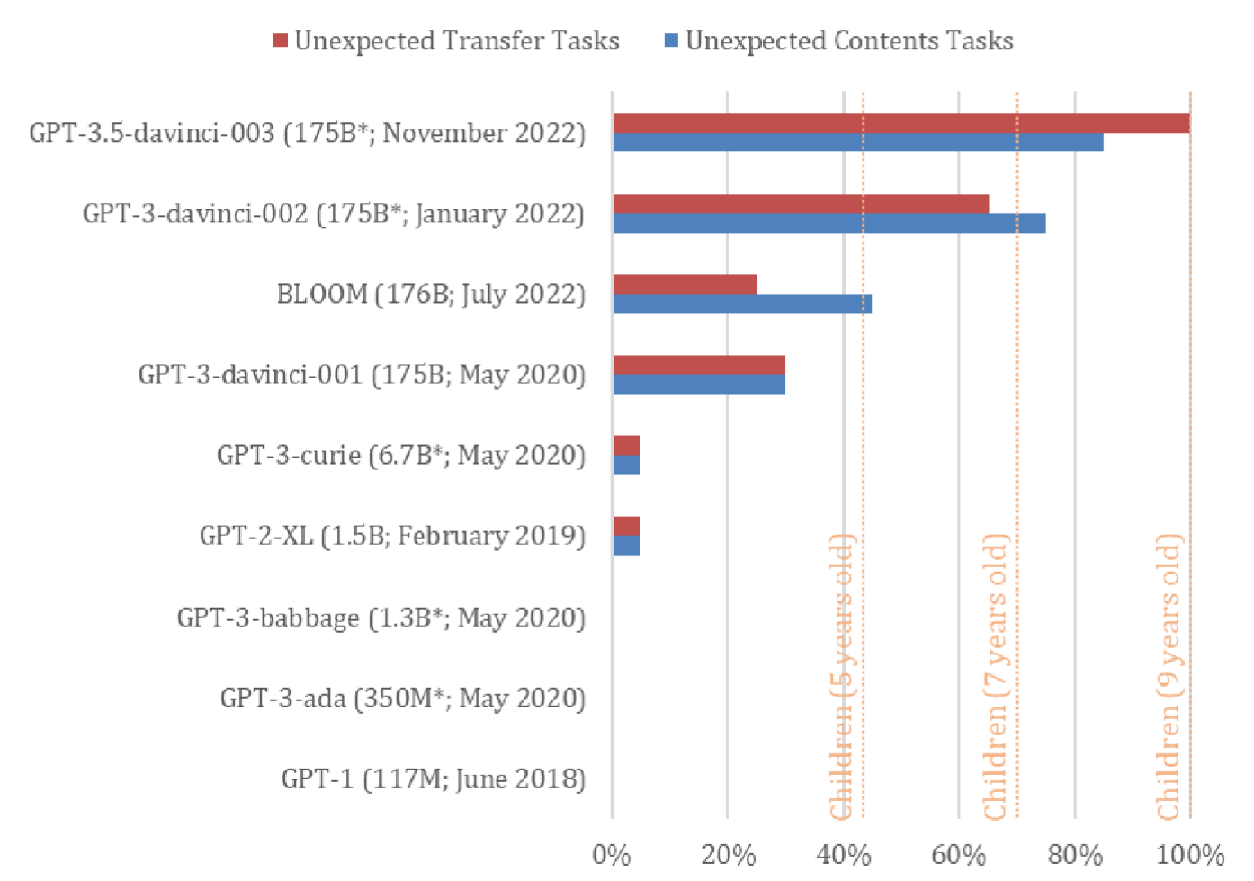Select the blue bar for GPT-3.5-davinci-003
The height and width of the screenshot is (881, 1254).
click(858, 142)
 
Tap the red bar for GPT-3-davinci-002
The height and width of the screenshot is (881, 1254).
click(801, 204)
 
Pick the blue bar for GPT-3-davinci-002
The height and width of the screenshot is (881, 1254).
click(829, 223)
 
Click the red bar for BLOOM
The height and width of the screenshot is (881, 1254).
click(685, 285)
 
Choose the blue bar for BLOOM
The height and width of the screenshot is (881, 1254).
click(742, 304)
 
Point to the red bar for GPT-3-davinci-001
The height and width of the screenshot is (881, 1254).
click(699, 365)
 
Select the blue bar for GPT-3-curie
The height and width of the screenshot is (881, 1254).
click(627, 465)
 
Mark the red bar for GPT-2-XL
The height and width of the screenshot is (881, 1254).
click(627, 526)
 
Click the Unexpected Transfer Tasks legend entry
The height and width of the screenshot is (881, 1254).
click(447, 40)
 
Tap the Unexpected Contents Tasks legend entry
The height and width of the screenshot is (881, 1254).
click(839, 40)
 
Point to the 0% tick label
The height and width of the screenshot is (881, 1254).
click(612, 854)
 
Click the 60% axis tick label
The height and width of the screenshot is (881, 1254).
click(959, 854)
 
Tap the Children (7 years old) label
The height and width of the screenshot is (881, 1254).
click(996, 676)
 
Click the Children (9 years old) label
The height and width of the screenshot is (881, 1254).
click(1169, 676)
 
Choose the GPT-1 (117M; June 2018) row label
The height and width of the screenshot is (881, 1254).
click(434, 778)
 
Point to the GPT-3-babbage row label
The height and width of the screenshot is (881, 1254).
click(381, 618)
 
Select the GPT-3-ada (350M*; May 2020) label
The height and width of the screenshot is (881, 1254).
click(403, 698)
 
